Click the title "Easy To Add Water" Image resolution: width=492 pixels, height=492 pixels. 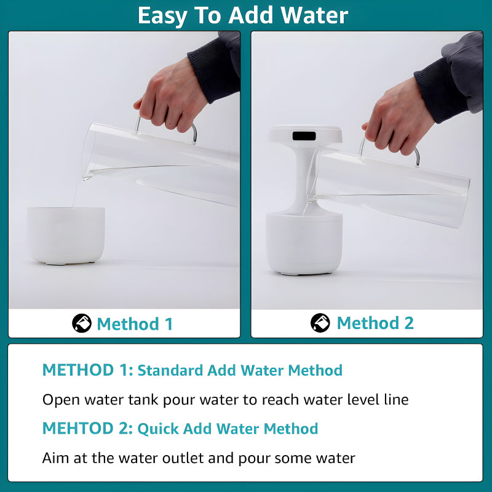click(243, 15)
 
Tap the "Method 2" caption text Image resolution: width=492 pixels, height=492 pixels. click(375, 323)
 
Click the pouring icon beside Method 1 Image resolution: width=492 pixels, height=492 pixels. click(81, 323)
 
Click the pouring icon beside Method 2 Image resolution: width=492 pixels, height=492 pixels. click(320, 323)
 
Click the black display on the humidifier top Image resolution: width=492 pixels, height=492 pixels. click(304, 135)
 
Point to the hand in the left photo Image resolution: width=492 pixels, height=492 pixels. click(172, 98)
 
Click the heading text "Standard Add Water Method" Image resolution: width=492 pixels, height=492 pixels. click(240, 370)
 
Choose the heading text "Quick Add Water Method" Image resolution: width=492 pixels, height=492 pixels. click(228, 429)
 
